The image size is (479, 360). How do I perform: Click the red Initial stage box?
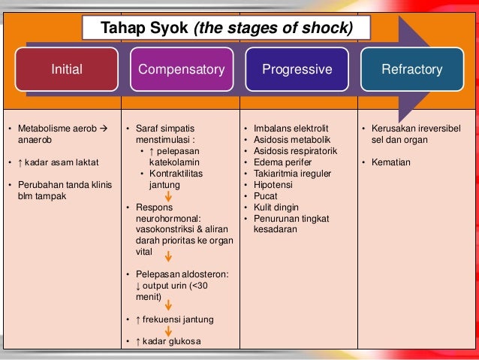[x=67, y=69]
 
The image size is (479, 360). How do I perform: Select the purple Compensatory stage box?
[x=181, y=69]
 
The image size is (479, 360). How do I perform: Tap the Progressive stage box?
[x=297, y=69]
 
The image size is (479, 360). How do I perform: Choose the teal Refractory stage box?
[x=411, y=69]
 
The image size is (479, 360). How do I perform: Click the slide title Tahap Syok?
[x=227, y=29]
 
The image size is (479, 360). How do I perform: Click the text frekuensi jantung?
[x=178, y=319]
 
